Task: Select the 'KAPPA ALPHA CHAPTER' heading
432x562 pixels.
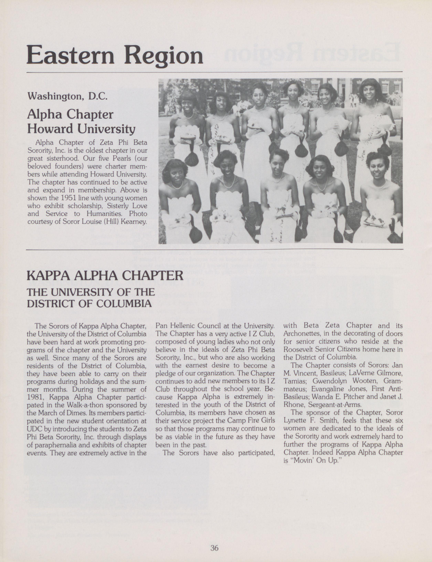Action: [x=105, y=276]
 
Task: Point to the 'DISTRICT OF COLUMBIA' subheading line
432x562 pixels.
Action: [x=89, y=304]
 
